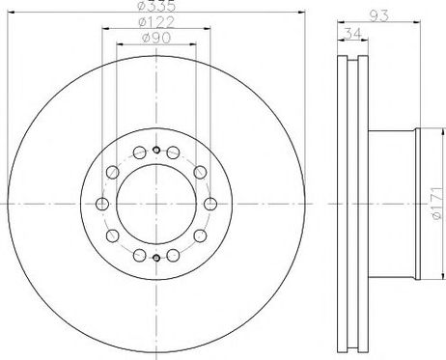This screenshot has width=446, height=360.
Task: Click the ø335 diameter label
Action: (x=156, y=5)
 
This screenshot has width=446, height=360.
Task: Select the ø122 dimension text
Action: (x=156, y=22)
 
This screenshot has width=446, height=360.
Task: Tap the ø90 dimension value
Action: (x=156, y=38)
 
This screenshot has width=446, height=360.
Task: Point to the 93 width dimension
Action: (x=378, y=15)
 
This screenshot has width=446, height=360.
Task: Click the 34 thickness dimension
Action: (x=353, y=33)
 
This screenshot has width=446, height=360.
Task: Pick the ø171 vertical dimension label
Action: (x=436, y=204)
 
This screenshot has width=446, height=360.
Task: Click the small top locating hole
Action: (x=156, y=150)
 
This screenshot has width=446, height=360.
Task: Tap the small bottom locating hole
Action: (x=156, y=258)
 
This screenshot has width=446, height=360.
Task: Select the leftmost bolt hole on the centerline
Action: (x=102, y=204)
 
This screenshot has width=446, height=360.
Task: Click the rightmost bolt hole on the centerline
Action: (x=210, y=204)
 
